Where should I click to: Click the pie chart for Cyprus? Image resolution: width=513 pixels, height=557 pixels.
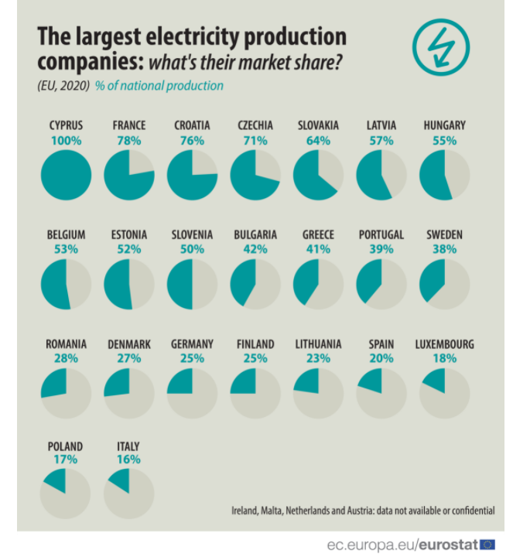pos(66,175)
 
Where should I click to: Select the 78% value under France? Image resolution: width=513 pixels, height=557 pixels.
pos(128,140)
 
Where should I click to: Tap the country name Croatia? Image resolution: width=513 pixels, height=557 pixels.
pos(192,125)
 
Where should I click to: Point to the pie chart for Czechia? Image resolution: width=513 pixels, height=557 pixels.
pos(255,175)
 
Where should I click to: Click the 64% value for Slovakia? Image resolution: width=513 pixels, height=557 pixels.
pos(318,140)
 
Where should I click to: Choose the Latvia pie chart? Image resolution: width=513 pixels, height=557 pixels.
pos(381,175)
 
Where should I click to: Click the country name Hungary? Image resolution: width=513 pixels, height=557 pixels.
pos(444,125)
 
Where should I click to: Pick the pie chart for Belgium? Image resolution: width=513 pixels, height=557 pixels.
pos(66,284)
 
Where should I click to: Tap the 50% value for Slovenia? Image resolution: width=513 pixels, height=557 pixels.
pos(192,249)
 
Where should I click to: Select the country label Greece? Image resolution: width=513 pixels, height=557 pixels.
pos(318,234)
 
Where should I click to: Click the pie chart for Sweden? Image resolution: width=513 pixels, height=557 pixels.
pos(444,284)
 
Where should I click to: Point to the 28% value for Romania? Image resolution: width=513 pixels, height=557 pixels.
pos(66,358)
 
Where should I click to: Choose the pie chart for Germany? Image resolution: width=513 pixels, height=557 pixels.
pos(192,393)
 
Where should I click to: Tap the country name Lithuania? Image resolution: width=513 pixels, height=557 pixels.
pos(318,343)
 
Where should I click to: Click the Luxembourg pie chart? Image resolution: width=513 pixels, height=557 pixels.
pos(444,393)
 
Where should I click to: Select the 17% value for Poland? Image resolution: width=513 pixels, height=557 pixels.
pos(66,460)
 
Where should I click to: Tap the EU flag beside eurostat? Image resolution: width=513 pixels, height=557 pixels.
pos(487,544)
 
